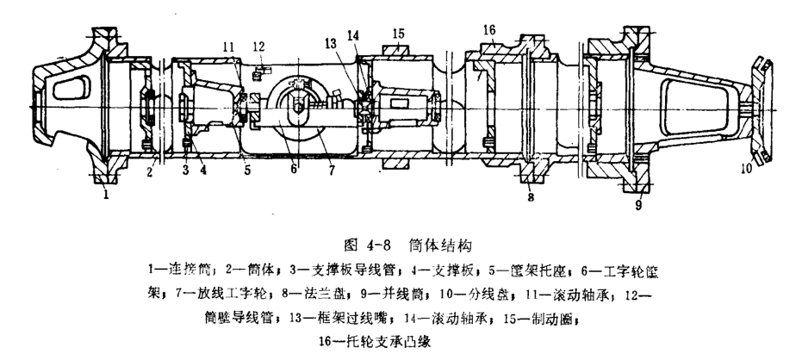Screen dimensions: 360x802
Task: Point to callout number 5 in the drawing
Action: [x=247, y=171]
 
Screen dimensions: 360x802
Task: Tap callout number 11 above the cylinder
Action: [x=227, y=46]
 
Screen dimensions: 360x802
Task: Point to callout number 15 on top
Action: [x=399, y=34]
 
